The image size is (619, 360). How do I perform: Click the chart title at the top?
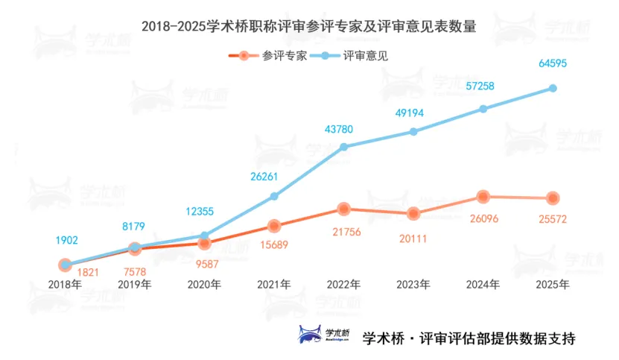coord(309,26)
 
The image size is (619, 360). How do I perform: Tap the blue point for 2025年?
coord(553,88)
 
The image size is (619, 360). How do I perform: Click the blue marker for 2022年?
coord(343,147)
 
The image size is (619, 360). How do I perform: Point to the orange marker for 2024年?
coord(483,197)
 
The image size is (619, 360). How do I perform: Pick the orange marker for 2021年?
coord(274,226)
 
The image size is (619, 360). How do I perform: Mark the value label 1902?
coord(66,240)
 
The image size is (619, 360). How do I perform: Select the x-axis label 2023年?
coord(413,284)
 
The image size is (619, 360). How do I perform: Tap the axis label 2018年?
coord(65,284)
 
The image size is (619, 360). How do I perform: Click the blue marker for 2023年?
coord(413,132)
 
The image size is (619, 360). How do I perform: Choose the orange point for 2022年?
coord(343,209)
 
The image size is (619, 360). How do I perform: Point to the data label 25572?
coord(552,219)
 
